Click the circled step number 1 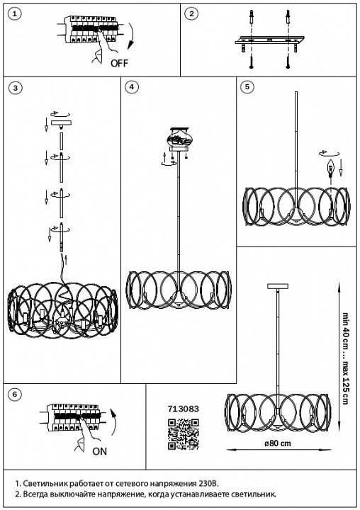[x=14, y=14]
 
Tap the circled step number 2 [x=191, y=13]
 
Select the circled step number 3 [x=15, y=88]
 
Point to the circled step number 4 [x=132, y=86]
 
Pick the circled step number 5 [x=247, y=86]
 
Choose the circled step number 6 [x=15, y=395]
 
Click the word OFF [x=120, y=63]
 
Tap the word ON [x=99, y=451]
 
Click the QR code [x=184, y=434]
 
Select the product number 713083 [x=184, y=409]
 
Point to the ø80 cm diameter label [x=278, y=443]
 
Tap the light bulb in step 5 [x=331, y=169]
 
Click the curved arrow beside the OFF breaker [x=130, y=36]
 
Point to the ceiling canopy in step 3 [x=61, y=124]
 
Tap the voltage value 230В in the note [x=208, y=482]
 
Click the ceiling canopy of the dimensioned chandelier [x=278, y=286]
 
